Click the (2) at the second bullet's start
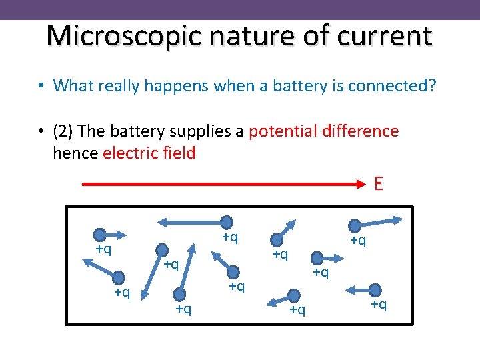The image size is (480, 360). click(x=64, y=131)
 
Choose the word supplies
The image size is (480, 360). click(x=206, y=131)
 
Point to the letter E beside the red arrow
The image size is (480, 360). click(x=379, y=184)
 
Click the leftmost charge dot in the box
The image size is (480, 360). click(x=100, y=234)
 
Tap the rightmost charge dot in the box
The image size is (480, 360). click(x=375, y=290)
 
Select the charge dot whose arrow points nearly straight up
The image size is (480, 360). click(x=179, y=291)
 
